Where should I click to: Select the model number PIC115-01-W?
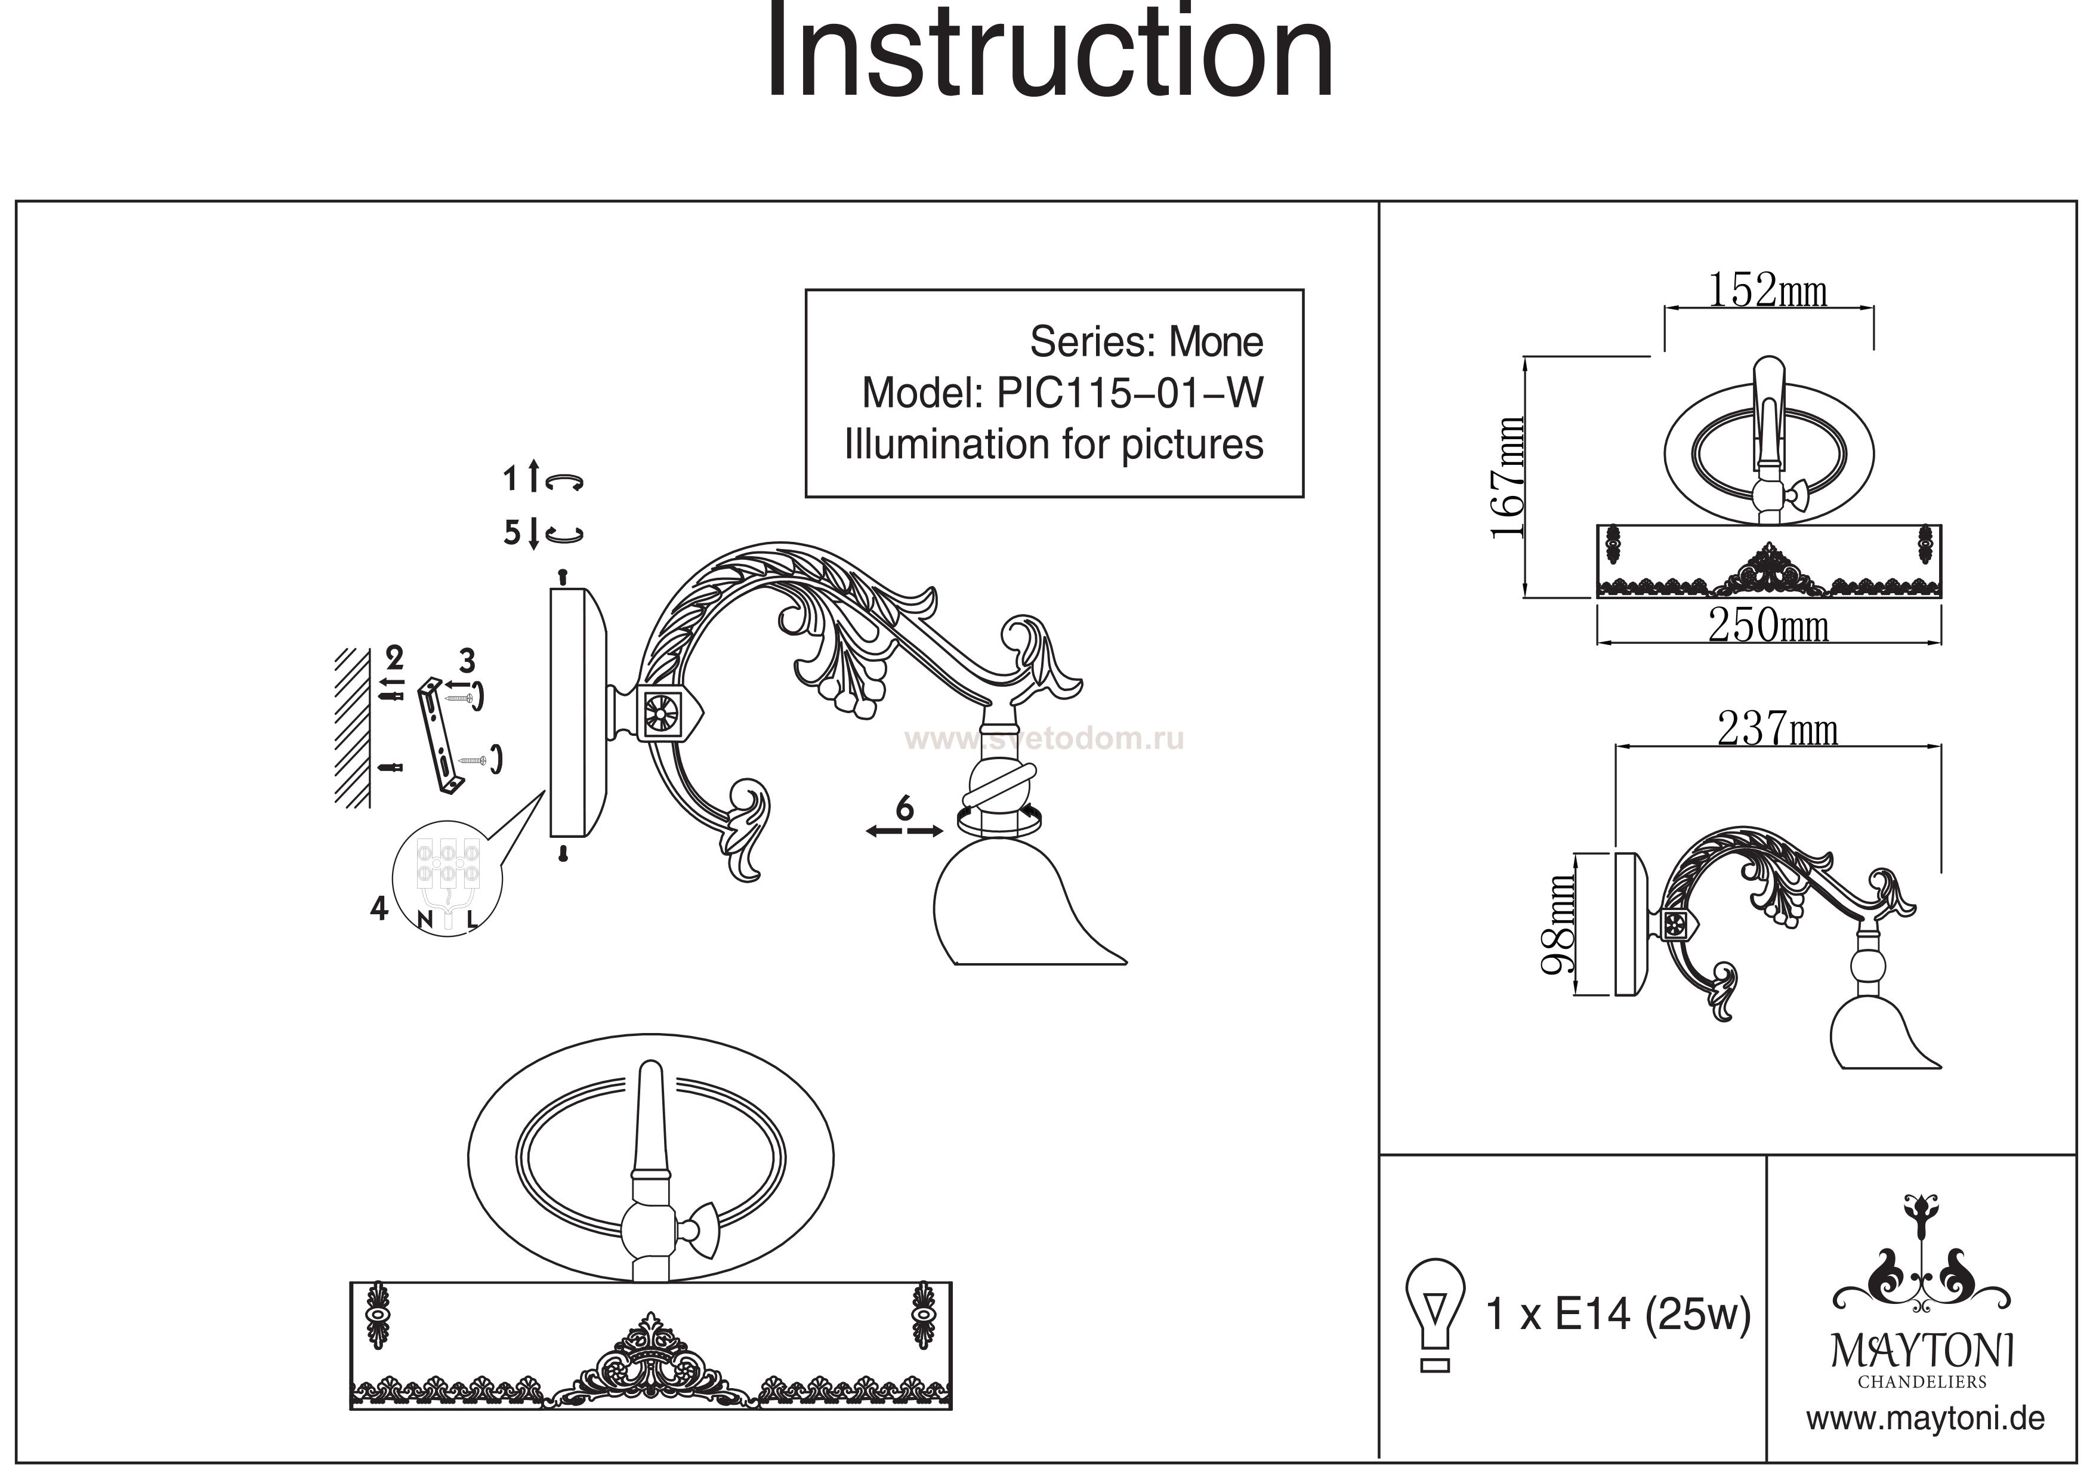(x=1131, y=393)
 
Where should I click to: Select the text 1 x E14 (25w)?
(x=1618, y=1315)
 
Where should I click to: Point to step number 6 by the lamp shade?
(x=905, y=808)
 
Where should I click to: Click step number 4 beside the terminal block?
(x=379, y=908)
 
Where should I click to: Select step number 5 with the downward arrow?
(x=513, y=532)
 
